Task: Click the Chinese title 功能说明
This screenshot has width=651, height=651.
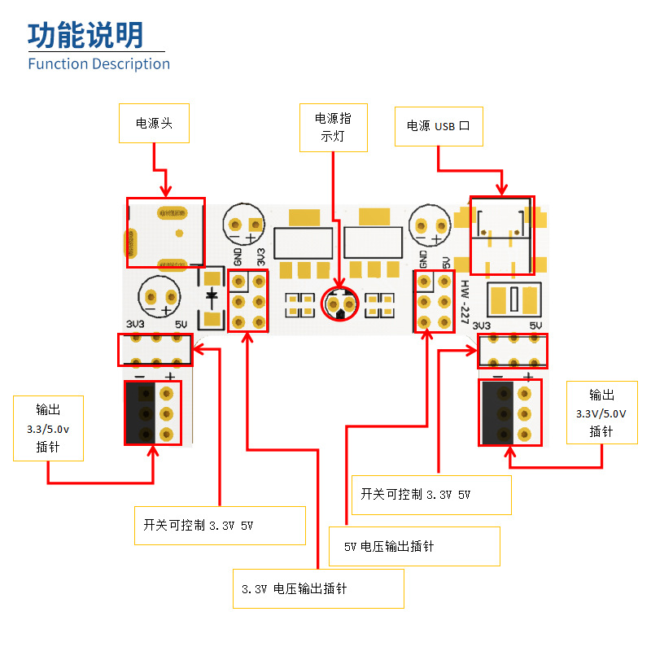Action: click(x=85, y=35)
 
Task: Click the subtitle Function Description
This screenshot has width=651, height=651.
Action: click(x=98, y=63)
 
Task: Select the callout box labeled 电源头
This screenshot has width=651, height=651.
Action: click(x=154, y=124)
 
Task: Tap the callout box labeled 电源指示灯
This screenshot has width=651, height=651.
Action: click(x=333, y=128)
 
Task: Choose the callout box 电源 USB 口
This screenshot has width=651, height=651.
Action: click(x=438, y=126)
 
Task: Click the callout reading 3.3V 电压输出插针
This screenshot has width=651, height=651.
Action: click(x=317, y=588)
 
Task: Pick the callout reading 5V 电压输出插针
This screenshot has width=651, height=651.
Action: click(x=413, y=546)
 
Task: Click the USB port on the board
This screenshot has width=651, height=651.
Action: click(x=502, y=235)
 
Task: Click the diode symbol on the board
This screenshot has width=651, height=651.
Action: click(x=212, y=295)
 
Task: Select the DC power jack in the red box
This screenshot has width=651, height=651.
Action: click(x=165, y=232)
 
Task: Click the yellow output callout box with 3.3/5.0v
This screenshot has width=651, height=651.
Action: click(x=48, y=428)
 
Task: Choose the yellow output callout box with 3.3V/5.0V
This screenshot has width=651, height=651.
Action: click(x=601, y=413)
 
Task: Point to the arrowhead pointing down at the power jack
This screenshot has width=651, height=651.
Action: click(x=166, y=192)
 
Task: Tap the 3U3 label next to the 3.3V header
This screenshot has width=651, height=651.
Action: click(x=260, y=257)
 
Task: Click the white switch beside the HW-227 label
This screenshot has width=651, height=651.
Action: click(x=513, y=299)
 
